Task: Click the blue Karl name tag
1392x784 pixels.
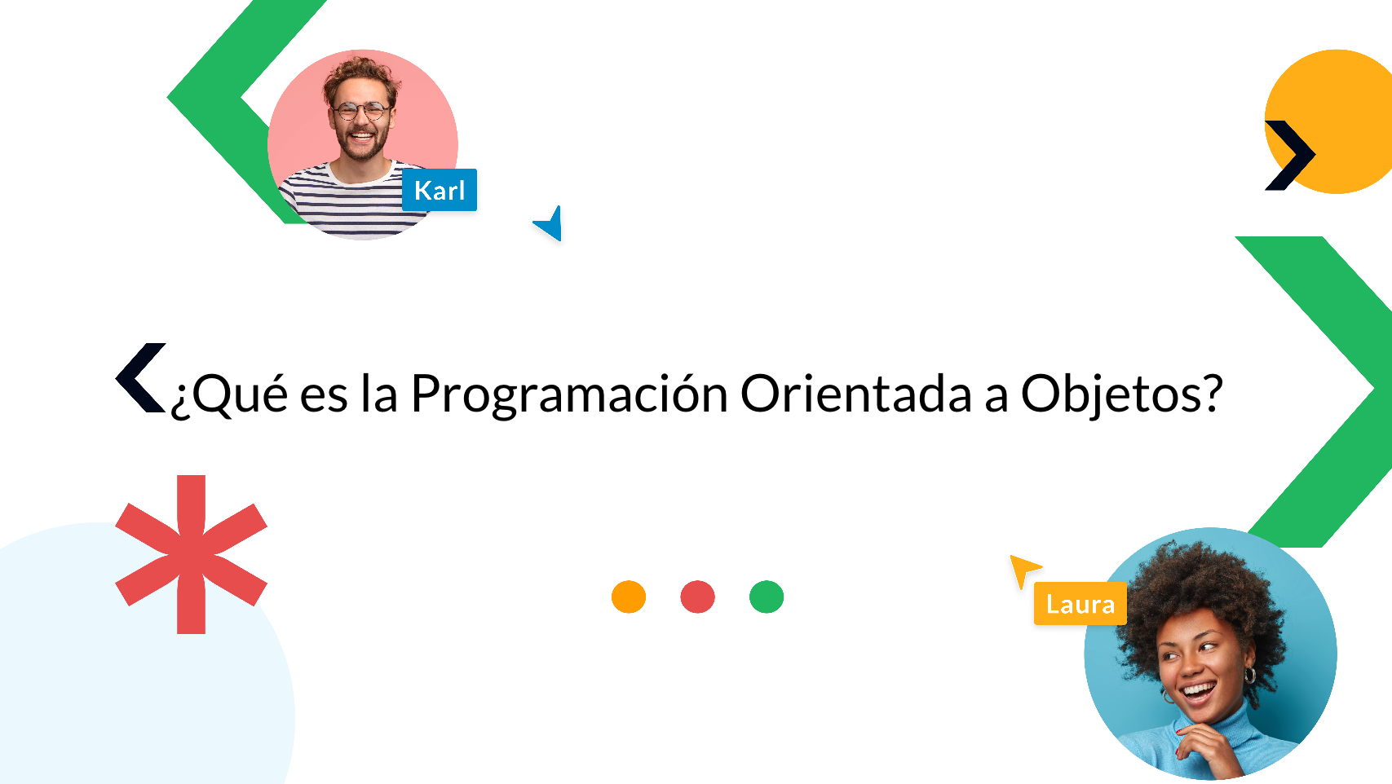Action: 440,190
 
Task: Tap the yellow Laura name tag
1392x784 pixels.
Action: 1080,604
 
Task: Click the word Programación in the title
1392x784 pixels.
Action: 569,394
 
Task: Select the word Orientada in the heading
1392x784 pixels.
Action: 855,394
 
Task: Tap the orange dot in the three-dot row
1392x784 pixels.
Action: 629,597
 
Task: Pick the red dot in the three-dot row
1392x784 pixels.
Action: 697,597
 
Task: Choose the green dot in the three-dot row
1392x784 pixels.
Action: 767,597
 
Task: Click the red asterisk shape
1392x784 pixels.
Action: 192,555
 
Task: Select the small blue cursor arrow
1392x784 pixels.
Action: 550,224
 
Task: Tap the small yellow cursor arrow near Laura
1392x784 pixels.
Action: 1023,568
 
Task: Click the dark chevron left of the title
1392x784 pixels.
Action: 140,377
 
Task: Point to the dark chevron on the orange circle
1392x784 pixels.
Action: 1290,155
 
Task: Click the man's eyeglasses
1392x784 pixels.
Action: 360,110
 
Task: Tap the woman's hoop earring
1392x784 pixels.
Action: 1248,676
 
